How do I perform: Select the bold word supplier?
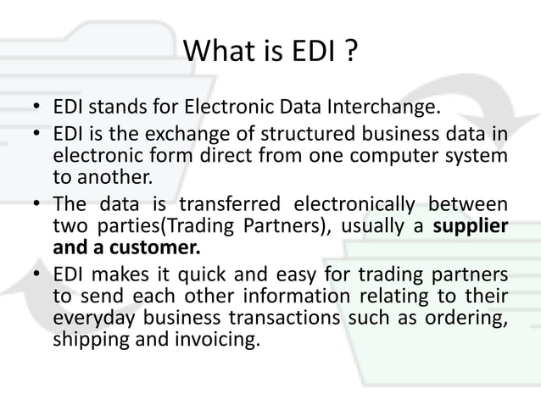471,228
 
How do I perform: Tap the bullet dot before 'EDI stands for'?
37,108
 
